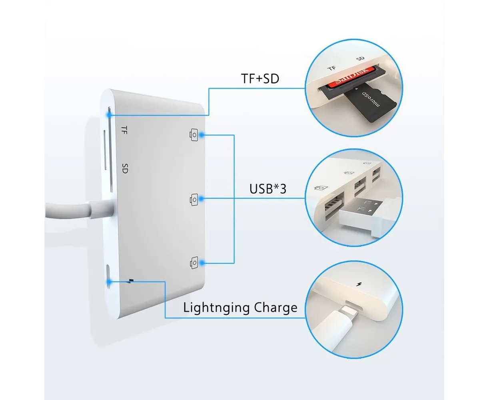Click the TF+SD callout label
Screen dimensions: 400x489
coord(260,78)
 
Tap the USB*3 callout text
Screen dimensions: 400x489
coord(267,188)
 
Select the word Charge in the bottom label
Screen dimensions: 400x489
coord(275,308)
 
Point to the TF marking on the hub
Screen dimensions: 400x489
coord(124,130)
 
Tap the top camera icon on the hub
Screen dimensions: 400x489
coord(194,135)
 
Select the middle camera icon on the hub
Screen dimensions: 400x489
coord(194,199)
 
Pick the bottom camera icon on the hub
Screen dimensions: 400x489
coord(194,263)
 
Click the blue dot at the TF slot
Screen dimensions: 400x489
coord(109,115)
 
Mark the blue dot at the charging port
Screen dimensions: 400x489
coord(109,282)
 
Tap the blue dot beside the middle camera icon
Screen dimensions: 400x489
coord(202,199)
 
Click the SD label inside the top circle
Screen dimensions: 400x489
coord(360,58)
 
